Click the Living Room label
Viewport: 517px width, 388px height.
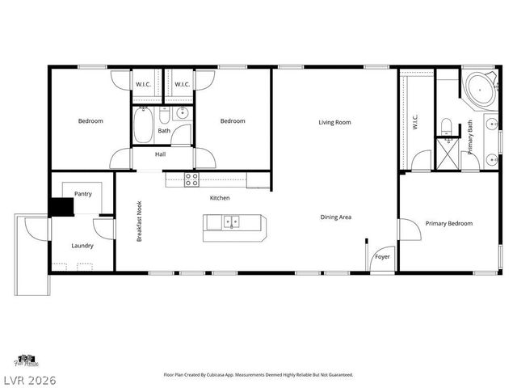(x=334, y=122)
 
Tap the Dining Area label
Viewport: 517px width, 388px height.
(x=335, y=217)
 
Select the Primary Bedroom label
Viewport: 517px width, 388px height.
(x=449, y=223)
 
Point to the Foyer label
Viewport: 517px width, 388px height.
(x=380, y=258)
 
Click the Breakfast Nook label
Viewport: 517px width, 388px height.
(x=140, y=222)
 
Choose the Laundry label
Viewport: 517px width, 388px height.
(x=82, y=246)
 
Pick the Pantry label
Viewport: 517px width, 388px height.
(x=82, y=194)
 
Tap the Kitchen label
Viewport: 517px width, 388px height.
(x=220, y=198)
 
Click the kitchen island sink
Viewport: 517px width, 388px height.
(x=232, y=221)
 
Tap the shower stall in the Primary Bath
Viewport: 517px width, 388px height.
(x=446, y=152)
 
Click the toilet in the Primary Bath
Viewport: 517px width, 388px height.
(x=447, y=124)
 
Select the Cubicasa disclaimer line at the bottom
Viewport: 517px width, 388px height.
(x=258, y=374)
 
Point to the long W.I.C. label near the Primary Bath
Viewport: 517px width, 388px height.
(x=415, y=122)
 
